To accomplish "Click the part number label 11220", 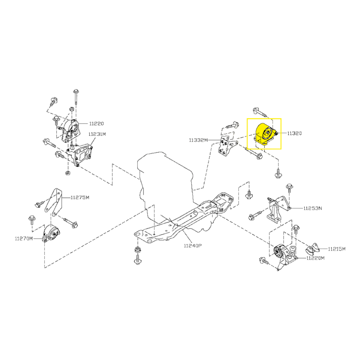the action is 96,124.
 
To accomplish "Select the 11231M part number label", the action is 97,134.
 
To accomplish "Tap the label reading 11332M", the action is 198,140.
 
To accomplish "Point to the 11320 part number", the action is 295,133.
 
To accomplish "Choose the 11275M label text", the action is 80,197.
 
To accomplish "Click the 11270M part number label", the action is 24,238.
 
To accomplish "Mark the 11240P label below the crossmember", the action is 193,246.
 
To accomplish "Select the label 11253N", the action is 313,208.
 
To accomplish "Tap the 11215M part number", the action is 337,249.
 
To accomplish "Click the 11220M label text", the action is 315,258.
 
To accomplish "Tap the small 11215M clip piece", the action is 312,248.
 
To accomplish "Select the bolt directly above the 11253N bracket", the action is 289,189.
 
